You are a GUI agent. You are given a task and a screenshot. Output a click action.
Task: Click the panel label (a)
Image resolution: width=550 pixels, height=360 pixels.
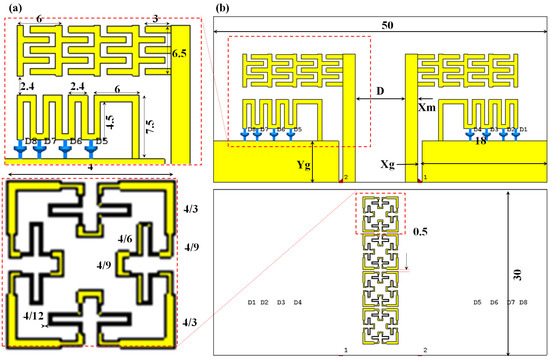14,9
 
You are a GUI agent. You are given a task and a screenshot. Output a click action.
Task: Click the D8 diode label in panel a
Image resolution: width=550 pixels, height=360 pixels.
29,141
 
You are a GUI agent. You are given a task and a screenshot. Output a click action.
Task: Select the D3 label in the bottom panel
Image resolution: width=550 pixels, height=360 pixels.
281,302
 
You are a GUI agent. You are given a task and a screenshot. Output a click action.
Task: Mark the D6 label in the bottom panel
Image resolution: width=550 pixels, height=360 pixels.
494,302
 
